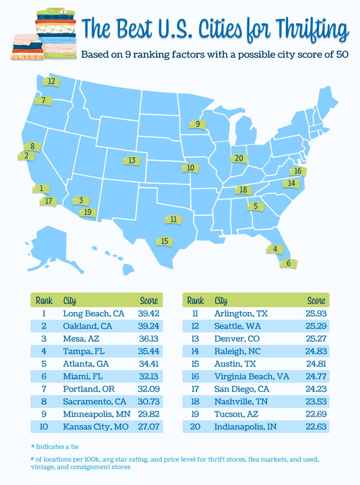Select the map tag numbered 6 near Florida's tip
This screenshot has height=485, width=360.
[x=288, y=264]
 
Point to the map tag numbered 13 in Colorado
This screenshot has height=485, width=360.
[x=131, y=160]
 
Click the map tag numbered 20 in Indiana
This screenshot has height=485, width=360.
[x=238, y=158]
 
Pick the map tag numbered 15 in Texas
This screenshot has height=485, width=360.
[x=164, y=242]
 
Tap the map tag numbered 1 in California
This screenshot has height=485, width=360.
[x=41, y=189]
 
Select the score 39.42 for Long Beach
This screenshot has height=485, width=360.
[x=149, y=313]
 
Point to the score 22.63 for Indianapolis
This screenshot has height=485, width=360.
[x=315, y=427]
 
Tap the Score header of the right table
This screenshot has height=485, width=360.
[x=316, y=300]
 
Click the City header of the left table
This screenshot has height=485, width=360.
[x=70, y=300]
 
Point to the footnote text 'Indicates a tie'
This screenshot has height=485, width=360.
[x=61, y=447]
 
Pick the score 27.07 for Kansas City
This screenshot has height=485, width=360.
[x=149, y=427]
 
